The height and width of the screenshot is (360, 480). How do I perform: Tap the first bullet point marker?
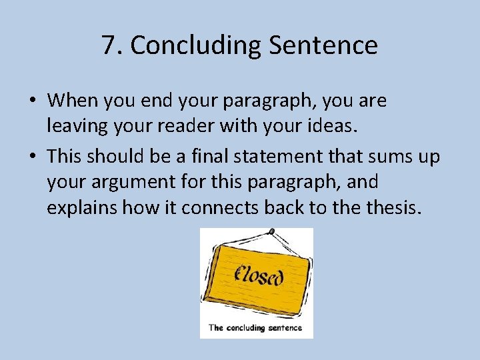33,101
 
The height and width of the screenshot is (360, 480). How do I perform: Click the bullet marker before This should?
33,157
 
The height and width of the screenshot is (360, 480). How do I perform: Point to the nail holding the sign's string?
271,231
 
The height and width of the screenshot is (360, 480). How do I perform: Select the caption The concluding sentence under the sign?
255,327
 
